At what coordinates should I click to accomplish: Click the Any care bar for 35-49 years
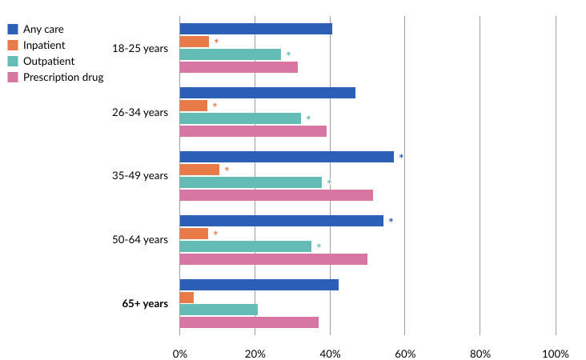click(287, 157)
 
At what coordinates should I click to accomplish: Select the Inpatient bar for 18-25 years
click(194, 42)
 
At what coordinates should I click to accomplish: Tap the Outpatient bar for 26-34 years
click(240, 118)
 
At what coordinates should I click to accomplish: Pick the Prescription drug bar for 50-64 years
click(273, 259)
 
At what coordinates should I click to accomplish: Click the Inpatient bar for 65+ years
click(187, 298)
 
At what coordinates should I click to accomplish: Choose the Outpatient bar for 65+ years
click(219, 310)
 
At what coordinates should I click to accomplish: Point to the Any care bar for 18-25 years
click(255, 29)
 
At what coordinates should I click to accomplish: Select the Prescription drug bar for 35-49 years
click(276, 195)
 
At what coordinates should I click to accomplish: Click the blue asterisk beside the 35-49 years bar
click(401, 157)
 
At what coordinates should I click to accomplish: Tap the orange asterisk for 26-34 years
click(215, 106)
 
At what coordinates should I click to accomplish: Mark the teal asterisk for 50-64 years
click(319, 246)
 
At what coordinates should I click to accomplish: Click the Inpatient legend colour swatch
click(13, 45)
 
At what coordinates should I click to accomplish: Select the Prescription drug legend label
click(63, 77)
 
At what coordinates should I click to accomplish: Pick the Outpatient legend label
click(49, 61)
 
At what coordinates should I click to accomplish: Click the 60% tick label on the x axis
click(404, 354)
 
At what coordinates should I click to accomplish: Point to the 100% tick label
click(555, 354)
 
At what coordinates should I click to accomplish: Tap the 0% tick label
click(179, 354)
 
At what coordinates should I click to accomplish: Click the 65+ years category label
click(145, 304)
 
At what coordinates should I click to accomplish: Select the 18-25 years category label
click(140, 48)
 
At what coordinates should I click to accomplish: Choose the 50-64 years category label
click(140, 240)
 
